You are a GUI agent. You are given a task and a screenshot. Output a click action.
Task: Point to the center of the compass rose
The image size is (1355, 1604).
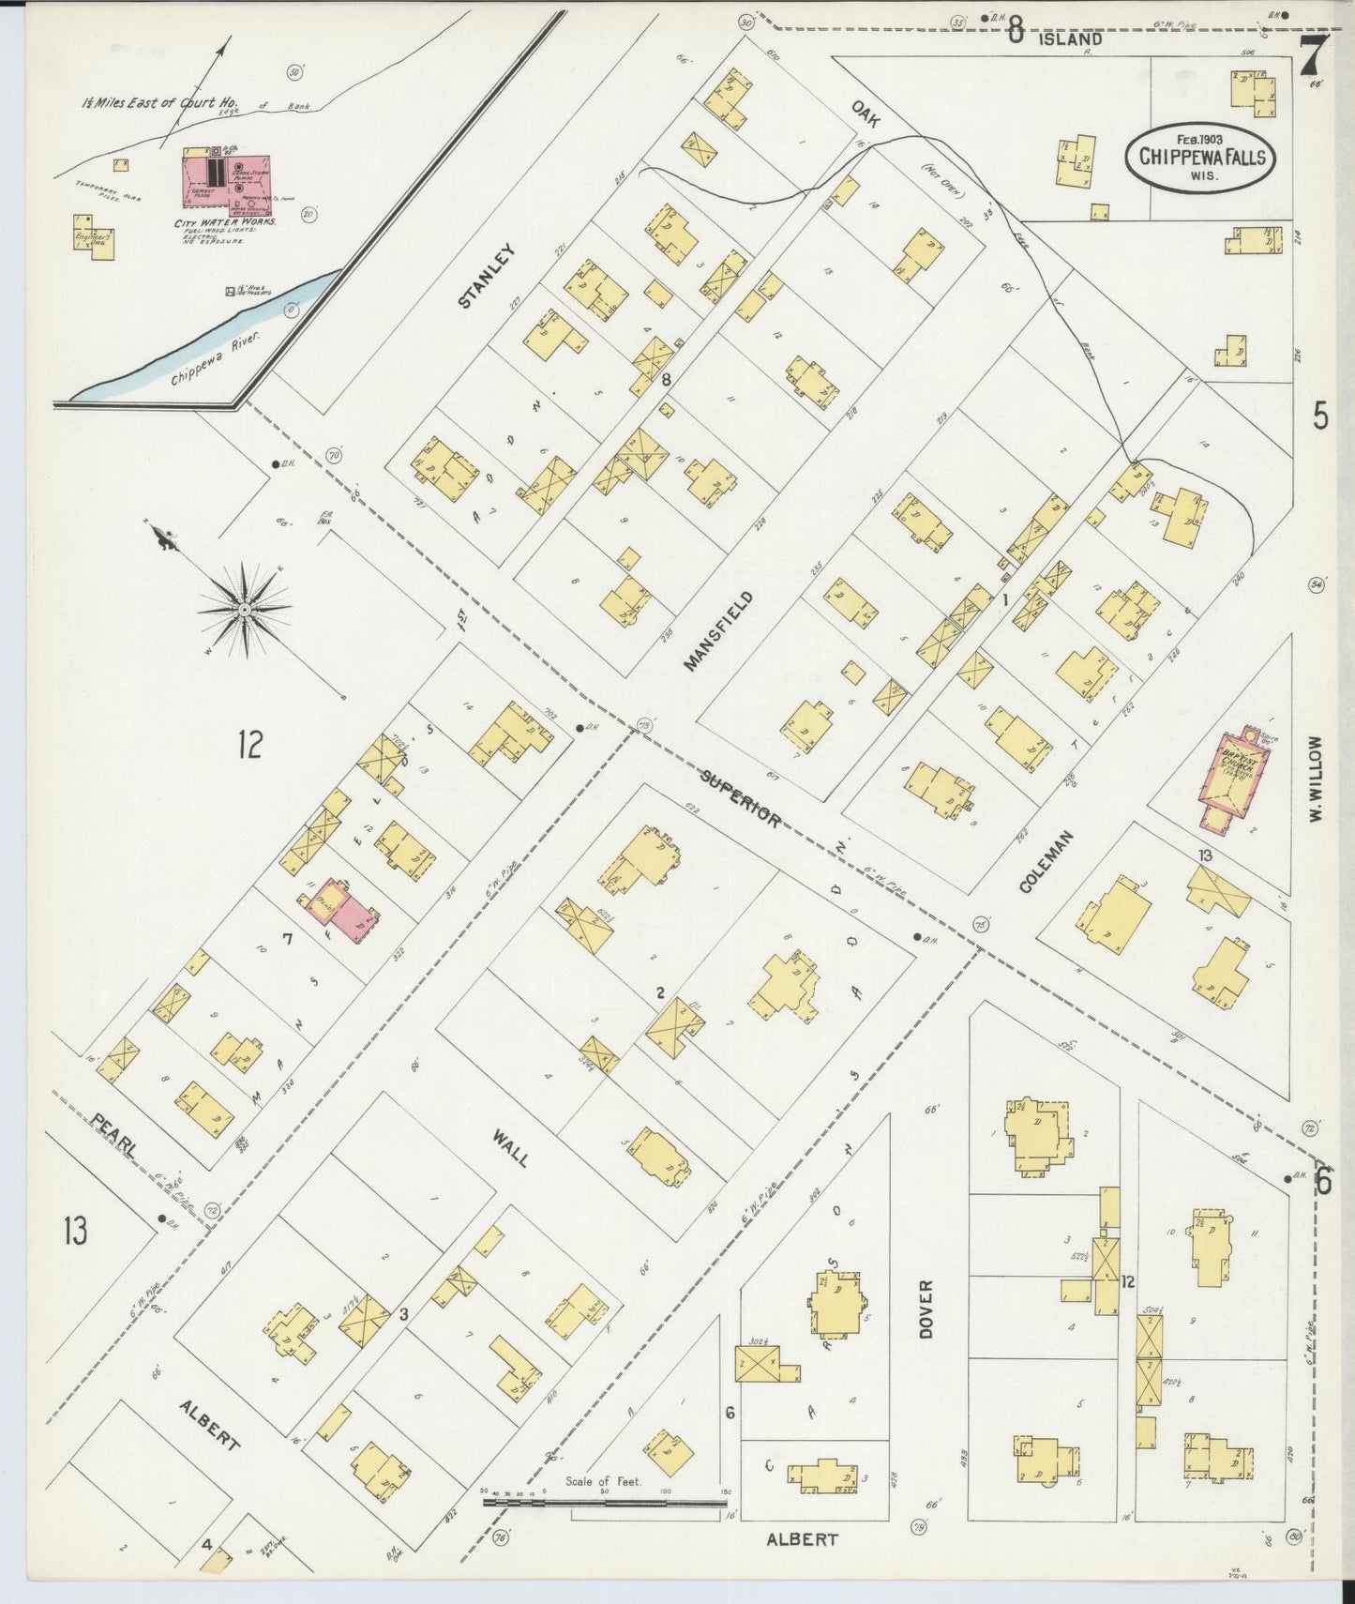[x=244, y=611]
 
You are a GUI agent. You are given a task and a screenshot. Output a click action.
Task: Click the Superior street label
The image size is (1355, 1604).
[x=741, y=797]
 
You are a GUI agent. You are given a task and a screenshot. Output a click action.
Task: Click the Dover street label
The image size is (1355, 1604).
[x=926, y=1309]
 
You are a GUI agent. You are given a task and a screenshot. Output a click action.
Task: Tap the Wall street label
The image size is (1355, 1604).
[x=510, y=1147]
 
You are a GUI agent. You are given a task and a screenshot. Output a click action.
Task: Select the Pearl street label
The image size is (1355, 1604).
[x=115, y=1133]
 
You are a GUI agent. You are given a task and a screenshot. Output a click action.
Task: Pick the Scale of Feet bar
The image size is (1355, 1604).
[x=605, y=1503]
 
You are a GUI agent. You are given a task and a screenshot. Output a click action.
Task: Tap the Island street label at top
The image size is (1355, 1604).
[x=1068, y=39]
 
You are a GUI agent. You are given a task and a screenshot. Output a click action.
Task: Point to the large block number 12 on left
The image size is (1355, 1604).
[x=249, y=745]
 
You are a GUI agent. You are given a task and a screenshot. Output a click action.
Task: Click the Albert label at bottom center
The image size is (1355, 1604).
[x=802, y=1539]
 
